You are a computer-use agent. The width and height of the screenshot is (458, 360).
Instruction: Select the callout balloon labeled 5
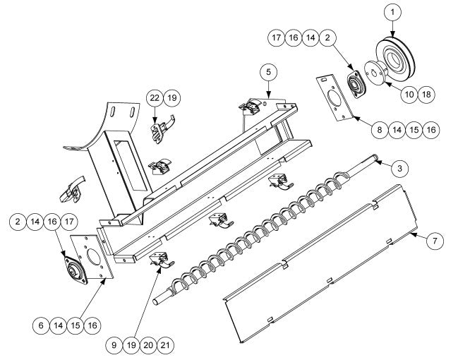coord(267,71)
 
